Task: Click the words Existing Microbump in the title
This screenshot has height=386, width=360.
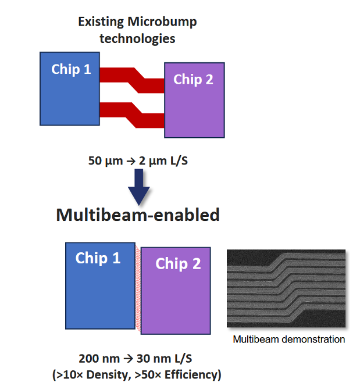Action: point(137,22)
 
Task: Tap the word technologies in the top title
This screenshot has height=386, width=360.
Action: point(137,39)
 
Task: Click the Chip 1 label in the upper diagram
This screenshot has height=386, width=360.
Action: point(71,69)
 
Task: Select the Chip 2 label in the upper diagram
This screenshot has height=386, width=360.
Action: point(193,80)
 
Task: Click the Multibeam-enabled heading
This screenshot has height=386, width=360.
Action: point(138,215)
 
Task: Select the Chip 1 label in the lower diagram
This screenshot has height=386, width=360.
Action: point(98,258)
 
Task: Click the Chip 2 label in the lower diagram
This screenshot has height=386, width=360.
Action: point(178,264)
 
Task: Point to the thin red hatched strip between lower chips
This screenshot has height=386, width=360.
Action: point(138,288)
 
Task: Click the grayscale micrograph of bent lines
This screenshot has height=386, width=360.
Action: point(286,289)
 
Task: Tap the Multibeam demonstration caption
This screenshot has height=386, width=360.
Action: point(288,339)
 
